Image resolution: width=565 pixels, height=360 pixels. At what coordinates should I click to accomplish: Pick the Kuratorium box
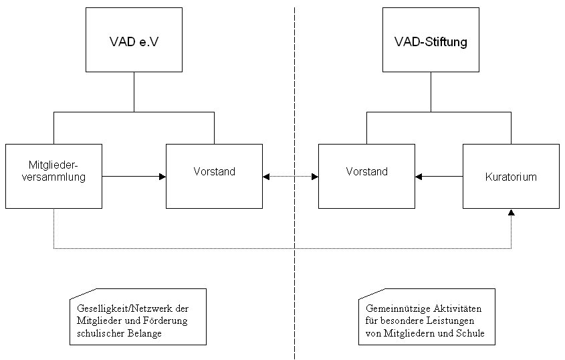pyautogui.click(x=510, y=177)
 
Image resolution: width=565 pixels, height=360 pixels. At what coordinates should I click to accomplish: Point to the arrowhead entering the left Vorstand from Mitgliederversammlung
pyautogui.click(x=162, y=177)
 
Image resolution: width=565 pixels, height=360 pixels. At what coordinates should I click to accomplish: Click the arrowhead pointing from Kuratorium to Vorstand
pyautogui.click(x=419, y=177)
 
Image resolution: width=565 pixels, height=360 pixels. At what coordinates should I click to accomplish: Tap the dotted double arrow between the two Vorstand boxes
pyautogui.click(x=290, y=177)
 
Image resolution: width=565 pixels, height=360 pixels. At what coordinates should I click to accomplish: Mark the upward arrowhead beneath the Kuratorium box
pyautogui.click(x=511, y=212)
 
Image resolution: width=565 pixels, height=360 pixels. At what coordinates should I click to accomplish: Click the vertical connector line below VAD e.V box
pyautogui.click(x=134, y=92)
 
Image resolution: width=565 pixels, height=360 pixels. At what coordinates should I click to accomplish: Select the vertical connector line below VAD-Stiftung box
pyautogui.click(x=430, y=92)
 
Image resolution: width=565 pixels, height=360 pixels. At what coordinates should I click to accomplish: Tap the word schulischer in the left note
pyautogui.click(x=101, y=333)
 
